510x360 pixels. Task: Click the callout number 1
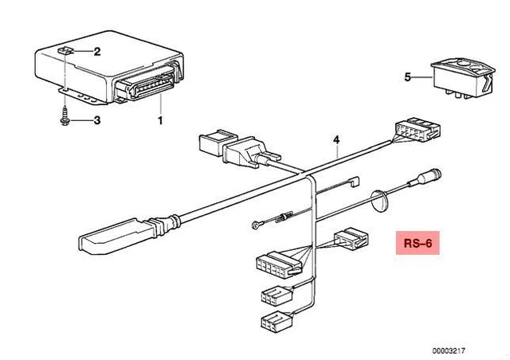click(159, 121)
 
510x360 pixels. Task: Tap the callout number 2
click(97, 53)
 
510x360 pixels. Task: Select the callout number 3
click(97, 121)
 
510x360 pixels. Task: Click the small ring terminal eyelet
click(254, 225)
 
